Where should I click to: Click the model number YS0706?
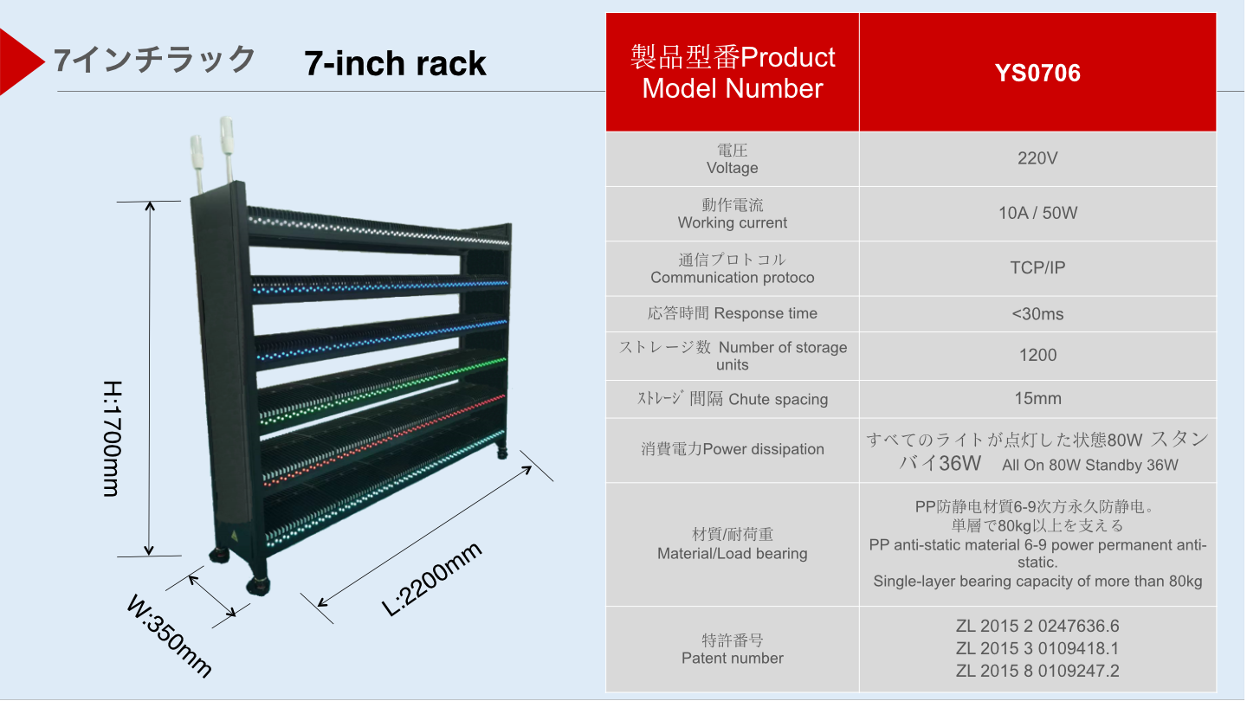pos(1037,74)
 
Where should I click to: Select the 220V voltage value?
pos(1037,158)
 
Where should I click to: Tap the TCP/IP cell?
pos(1037,267)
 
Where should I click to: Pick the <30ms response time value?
pos(1037,313)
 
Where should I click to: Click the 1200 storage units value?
pos(1037,355)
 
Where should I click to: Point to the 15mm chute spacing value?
pos(1037,399)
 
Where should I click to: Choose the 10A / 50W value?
pos(1037,213)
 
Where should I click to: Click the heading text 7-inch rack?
pos(395,63)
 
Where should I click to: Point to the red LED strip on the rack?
pos(381,437)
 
